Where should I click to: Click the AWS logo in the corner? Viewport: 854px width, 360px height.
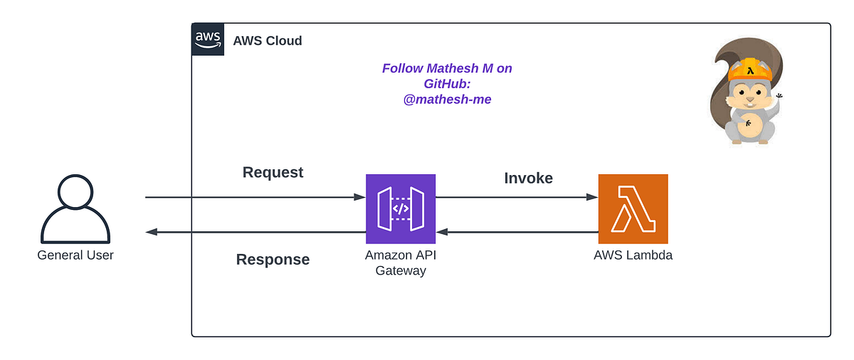tap(208, 39)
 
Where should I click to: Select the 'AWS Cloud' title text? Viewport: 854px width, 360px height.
tap(268, 41)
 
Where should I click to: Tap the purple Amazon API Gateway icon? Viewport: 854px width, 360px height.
tap(401, 209)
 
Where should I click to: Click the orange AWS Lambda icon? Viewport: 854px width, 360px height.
tap(633, 209)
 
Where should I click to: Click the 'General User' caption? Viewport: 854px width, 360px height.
tap(75, 255)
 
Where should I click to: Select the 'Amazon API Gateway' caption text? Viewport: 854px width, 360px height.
tap(401, 263)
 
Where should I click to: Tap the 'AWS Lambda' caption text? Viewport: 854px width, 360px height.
tap(633, 255)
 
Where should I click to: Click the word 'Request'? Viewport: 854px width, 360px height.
tap(273, 172)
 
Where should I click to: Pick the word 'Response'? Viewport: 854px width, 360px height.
tap(273, 260)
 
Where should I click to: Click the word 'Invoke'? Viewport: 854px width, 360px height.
tap(528, 178)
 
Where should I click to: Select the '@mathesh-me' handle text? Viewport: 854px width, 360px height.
tap(447, 100)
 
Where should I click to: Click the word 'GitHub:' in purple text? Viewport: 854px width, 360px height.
tap(447, 84)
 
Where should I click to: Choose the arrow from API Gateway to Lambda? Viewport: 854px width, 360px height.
tap(517, 197)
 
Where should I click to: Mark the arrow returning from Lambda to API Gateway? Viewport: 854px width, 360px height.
tap(517, 232)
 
